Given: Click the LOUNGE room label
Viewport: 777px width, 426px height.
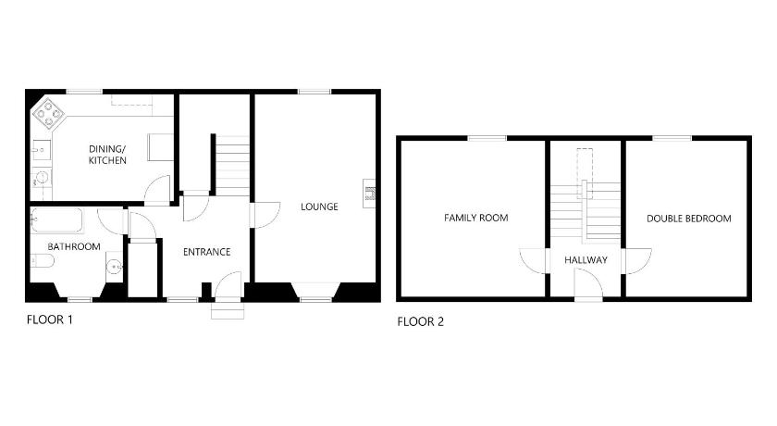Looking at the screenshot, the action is (319, 207).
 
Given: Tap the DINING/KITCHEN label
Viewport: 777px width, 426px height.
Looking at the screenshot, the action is (107, 155).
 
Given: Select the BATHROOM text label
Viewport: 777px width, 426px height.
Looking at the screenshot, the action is (74, 246).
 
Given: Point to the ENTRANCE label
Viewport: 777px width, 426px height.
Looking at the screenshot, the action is (206, 252).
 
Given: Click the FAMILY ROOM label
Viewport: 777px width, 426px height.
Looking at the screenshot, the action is (475, 218).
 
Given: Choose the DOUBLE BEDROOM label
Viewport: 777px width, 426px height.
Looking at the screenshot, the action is (689, 219).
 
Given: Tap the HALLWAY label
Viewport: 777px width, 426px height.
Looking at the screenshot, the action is (586, 260).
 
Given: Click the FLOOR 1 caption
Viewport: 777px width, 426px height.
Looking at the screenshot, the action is (50, 319).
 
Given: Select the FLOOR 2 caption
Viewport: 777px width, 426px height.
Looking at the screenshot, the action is (420, 322).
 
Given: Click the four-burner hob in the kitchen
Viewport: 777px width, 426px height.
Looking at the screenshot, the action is (48, 114).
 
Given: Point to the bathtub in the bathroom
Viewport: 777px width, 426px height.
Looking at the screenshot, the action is (56, 220).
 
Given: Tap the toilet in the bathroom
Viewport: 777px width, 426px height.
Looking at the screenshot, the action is (42, 260).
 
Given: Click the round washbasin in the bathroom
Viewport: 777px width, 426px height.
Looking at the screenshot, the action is (115, 267).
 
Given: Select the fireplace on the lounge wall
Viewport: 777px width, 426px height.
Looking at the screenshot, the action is (369, 193).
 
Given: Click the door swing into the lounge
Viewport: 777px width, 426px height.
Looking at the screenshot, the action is (266, 215).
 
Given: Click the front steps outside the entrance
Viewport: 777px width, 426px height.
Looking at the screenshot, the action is (228, 310).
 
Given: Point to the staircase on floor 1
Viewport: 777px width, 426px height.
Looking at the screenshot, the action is (232, 166).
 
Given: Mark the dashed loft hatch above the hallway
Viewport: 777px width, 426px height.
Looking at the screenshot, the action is (585, 166).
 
